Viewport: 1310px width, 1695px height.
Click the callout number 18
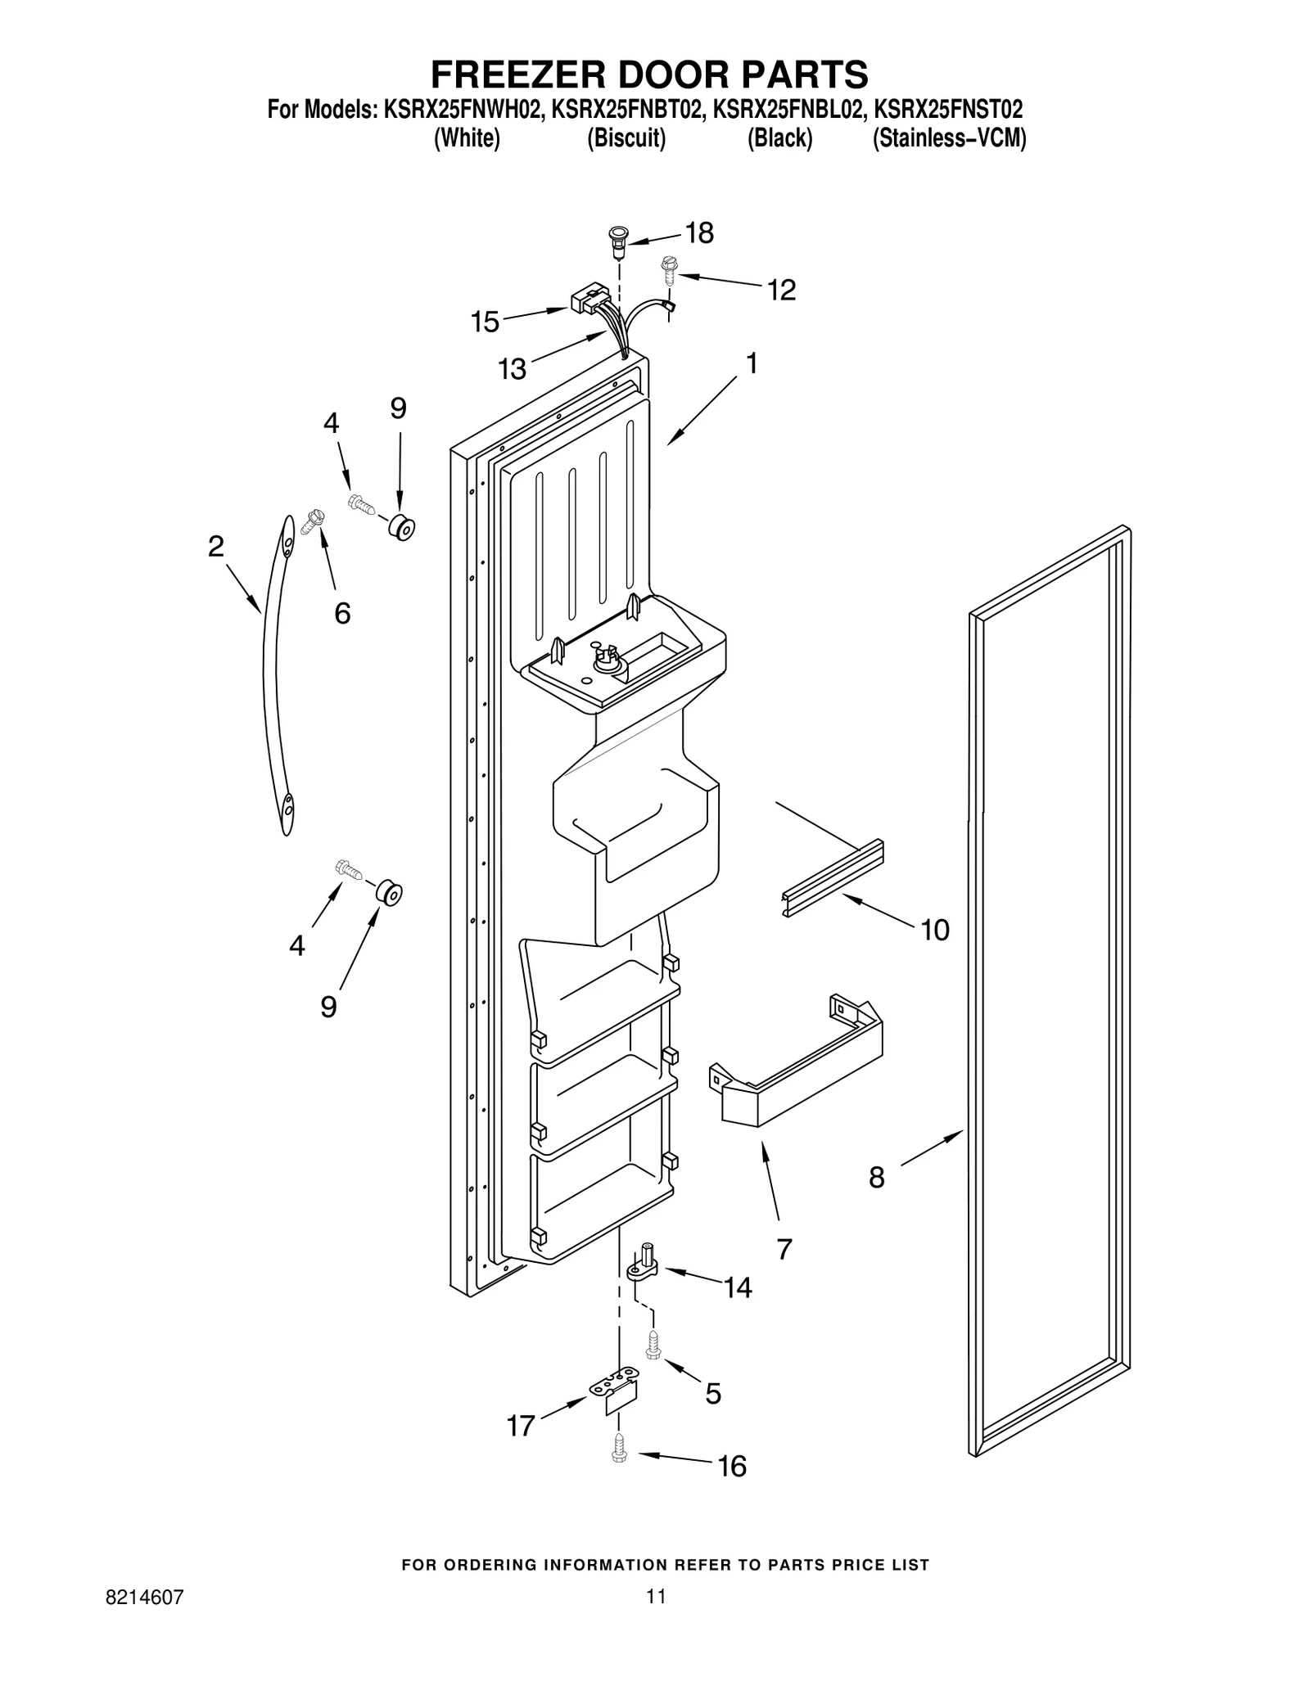point(698,233)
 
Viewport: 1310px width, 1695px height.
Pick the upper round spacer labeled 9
point(401,528)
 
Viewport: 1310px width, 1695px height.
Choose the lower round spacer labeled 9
point(391,893)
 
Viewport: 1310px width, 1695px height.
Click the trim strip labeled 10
point(833,878)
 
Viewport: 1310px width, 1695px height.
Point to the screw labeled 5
point(653,1344)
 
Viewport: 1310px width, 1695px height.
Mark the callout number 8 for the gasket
point(876,1178)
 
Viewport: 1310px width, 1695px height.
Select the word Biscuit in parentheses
point(626,139)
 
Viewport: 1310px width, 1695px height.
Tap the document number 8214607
point(145,1597)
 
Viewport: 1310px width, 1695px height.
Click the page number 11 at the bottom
point(655,1597)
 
